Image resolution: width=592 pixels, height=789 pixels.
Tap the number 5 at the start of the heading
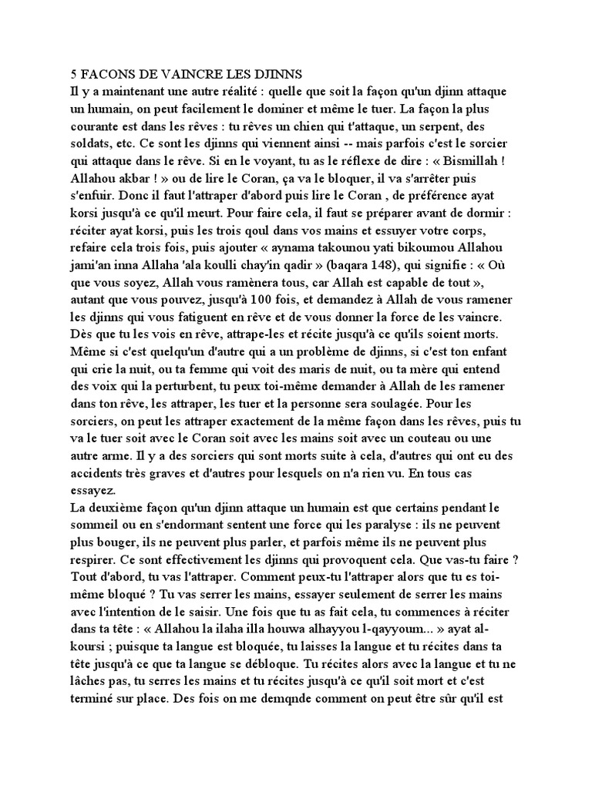pyautogui.click(x=74, y=75)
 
